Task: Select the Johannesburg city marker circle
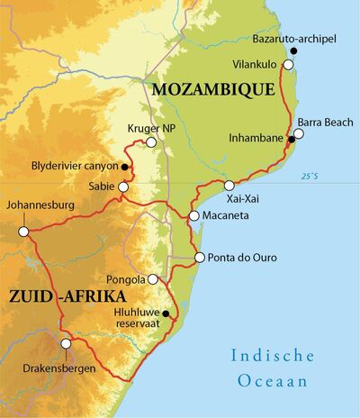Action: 24,232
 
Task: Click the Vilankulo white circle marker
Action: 288,65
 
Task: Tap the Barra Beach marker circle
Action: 299,133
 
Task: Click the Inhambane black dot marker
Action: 291,139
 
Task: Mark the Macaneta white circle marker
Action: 194,216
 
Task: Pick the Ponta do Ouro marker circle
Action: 199,258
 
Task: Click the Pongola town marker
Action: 153,279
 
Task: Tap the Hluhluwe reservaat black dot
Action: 165,313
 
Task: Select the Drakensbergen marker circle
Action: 65,343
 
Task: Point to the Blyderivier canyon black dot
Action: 123,168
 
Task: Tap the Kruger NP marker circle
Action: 151,142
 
